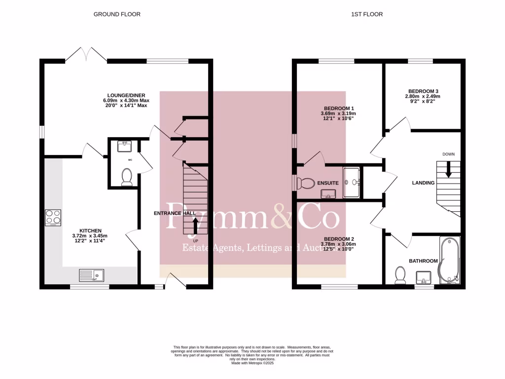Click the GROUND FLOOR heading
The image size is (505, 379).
[117, 14]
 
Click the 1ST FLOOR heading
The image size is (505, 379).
[367, 14]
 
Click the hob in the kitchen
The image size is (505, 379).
[53, 218]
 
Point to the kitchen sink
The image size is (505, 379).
[91, 274]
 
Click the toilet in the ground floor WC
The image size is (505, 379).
[127, 176]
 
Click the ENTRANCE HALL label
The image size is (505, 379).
[175, 213]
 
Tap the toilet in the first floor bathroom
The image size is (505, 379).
[400, 275]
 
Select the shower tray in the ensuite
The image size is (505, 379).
[352, 183]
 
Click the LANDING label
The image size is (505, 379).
[423, 183]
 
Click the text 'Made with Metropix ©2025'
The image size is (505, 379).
[252, 363]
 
